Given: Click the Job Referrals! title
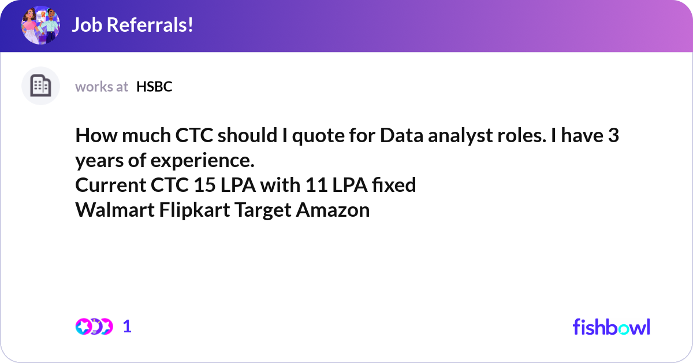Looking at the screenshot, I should (x=132, y=25).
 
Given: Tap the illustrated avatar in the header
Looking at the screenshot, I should (x=40, y=25).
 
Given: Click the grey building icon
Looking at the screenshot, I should (x=40, y=86).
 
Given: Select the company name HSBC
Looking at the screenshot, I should (x=154, y=87).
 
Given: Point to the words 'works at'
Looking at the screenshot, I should (x=102, y=87).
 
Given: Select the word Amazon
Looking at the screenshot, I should (x=333, y=210).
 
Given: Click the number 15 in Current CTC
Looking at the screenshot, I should (x=191, y=185).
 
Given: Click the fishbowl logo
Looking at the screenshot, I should (x=611, y=327).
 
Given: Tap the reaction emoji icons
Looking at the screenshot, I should (x=94, y=327).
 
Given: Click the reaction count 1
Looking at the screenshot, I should (x=128, y=327).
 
